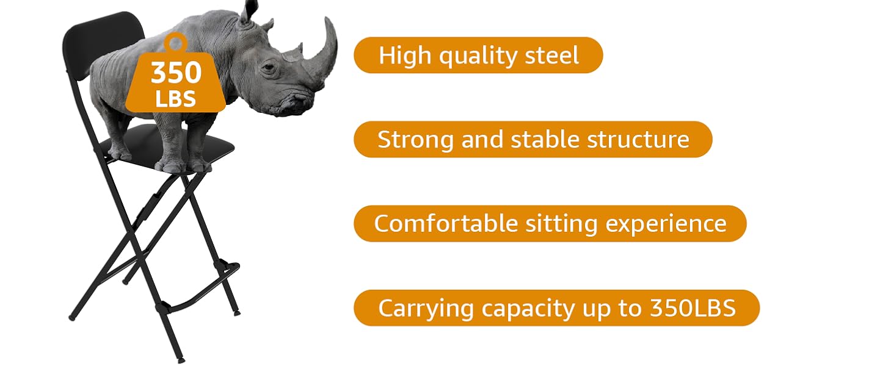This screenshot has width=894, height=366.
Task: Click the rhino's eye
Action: [269, 68]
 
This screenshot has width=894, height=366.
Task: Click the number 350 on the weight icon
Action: [176, 73]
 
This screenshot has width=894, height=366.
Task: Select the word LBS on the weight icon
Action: [176, 99]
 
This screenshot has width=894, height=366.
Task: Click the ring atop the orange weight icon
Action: [176, 41]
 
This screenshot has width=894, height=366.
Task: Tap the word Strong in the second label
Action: [415, 140]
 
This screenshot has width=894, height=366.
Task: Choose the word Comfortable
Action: [446, 223]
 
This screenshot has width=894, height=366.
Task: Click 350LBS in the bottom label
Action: [693, 308]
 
